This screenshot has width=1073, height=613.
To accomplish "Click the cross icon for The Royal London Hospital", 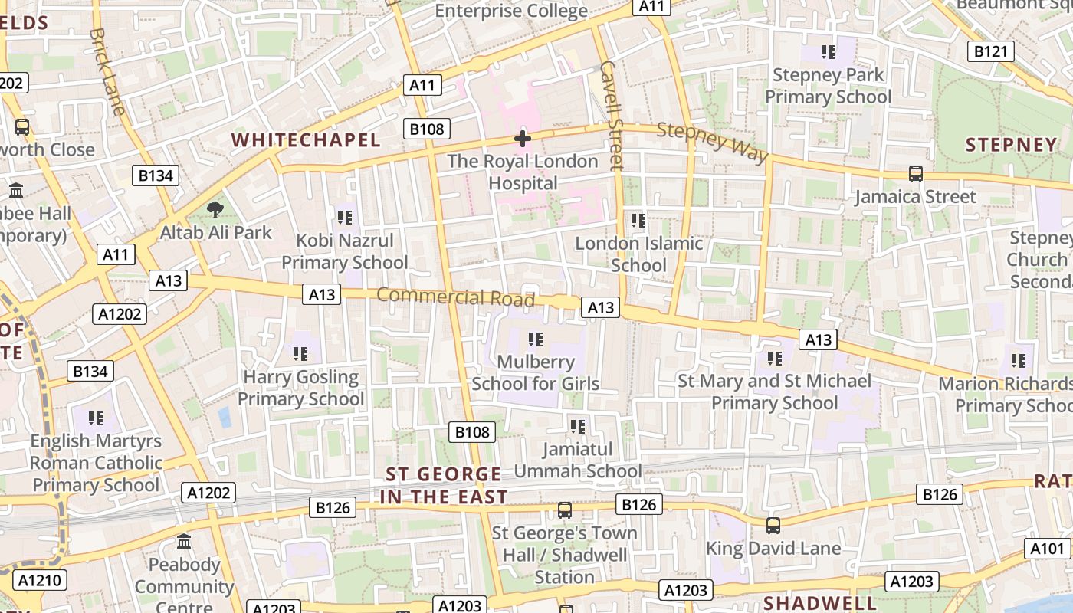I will [523, 139].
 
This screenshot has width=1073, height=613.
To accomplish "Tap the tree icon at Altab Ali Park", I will [216, 208].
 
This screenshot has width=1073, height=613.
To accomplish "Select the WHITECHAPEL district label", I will [306, 140].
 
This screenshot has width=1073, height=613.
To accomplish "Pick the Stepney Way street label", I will [713, 142].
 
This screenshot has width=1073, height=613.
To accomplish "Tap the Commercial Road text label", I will [455, 297].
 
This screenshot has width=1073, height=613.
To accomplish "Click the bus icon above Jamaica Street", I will [915, 174].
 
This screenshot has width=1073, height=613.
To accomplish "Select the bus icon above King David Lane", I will [773, 526].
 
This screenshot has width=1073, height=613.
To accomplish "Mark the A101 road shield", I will [1047, 549].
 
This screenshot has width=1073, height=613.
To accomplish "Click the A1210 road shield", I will [39, 580].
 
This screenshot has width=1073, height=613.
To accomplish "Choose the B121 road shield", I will [990, 51].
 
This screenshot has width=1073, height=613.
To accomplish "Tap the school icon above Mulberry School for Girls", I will [535, 339].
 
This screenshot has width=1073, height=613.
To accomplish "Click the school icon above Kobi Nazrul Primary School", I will [345, 218].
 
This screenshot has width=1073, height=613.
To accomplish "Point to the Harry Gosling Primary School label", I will [300, 388].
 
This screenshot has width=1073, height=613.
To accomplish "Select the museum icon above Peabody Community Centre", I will [184, 542].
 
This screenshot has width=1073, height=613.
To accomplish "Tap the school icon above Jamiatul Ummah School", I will [577, 426].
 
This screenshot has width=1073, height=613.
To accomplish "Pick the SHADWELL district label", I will [820, 602].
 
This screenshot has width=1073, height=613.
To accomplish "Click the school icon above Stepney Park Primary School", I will [828, 52].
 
